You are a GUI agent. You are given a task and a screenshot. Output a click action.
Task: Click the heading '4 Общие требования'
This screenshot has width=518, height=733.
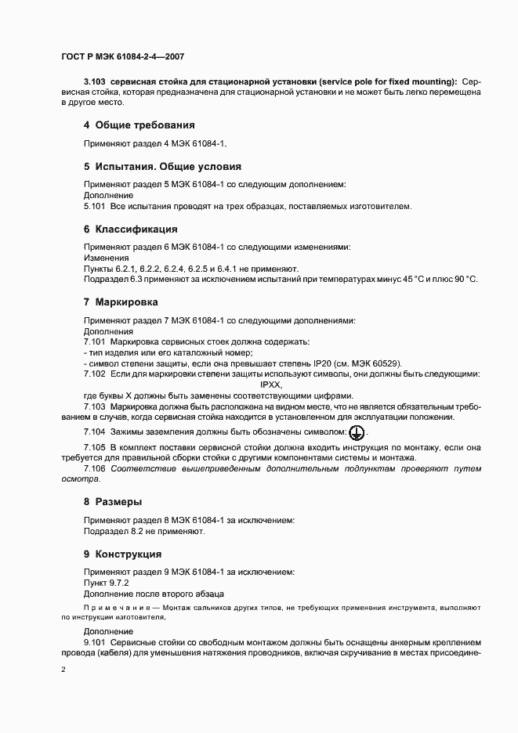(x=139, y=125)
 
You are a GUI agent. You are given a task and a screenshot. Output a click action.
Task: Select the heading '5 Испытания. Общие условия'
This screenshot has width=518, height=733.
(x=162, y=167)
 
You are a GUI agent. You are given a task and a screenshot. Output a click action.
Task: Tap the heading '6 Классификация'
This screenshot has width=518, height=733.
(x=131, y=229)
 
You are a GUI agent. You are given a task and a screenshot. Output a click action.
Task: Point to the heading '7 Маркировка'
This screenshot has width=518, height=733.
(x=121, y=302)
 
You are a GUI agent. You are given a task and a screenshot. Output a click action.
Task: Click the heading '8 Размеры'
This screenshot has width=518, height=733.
(x=113, y=501)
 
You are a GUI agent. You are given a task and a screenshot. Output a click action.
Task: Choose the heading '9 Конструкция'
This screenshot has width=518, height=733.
(x=123, y=554)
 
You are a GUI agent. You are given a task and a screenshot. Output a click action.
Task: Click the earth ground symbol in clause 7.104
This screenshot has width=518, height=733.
(x=356, y=431)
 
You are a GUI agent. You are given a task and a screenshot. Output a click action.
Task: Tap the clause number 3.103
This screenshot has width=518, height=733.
(x=94, y=81)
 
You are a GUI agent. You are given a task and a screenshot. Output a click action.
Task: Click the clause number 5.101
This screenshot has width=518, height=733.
(x=94, y=207)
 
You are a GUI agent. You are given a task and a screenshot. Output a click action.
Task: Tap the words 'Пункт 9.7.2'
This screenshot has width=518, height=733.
(x=106, y=583)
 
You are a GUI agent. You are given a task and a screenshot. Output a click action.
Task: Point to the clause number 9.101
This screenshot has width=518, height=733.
(x=94, y=641)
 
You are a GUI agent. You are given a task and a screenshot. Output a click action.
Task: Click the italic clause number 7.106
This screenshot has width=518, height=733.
(x=94, y=468)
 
